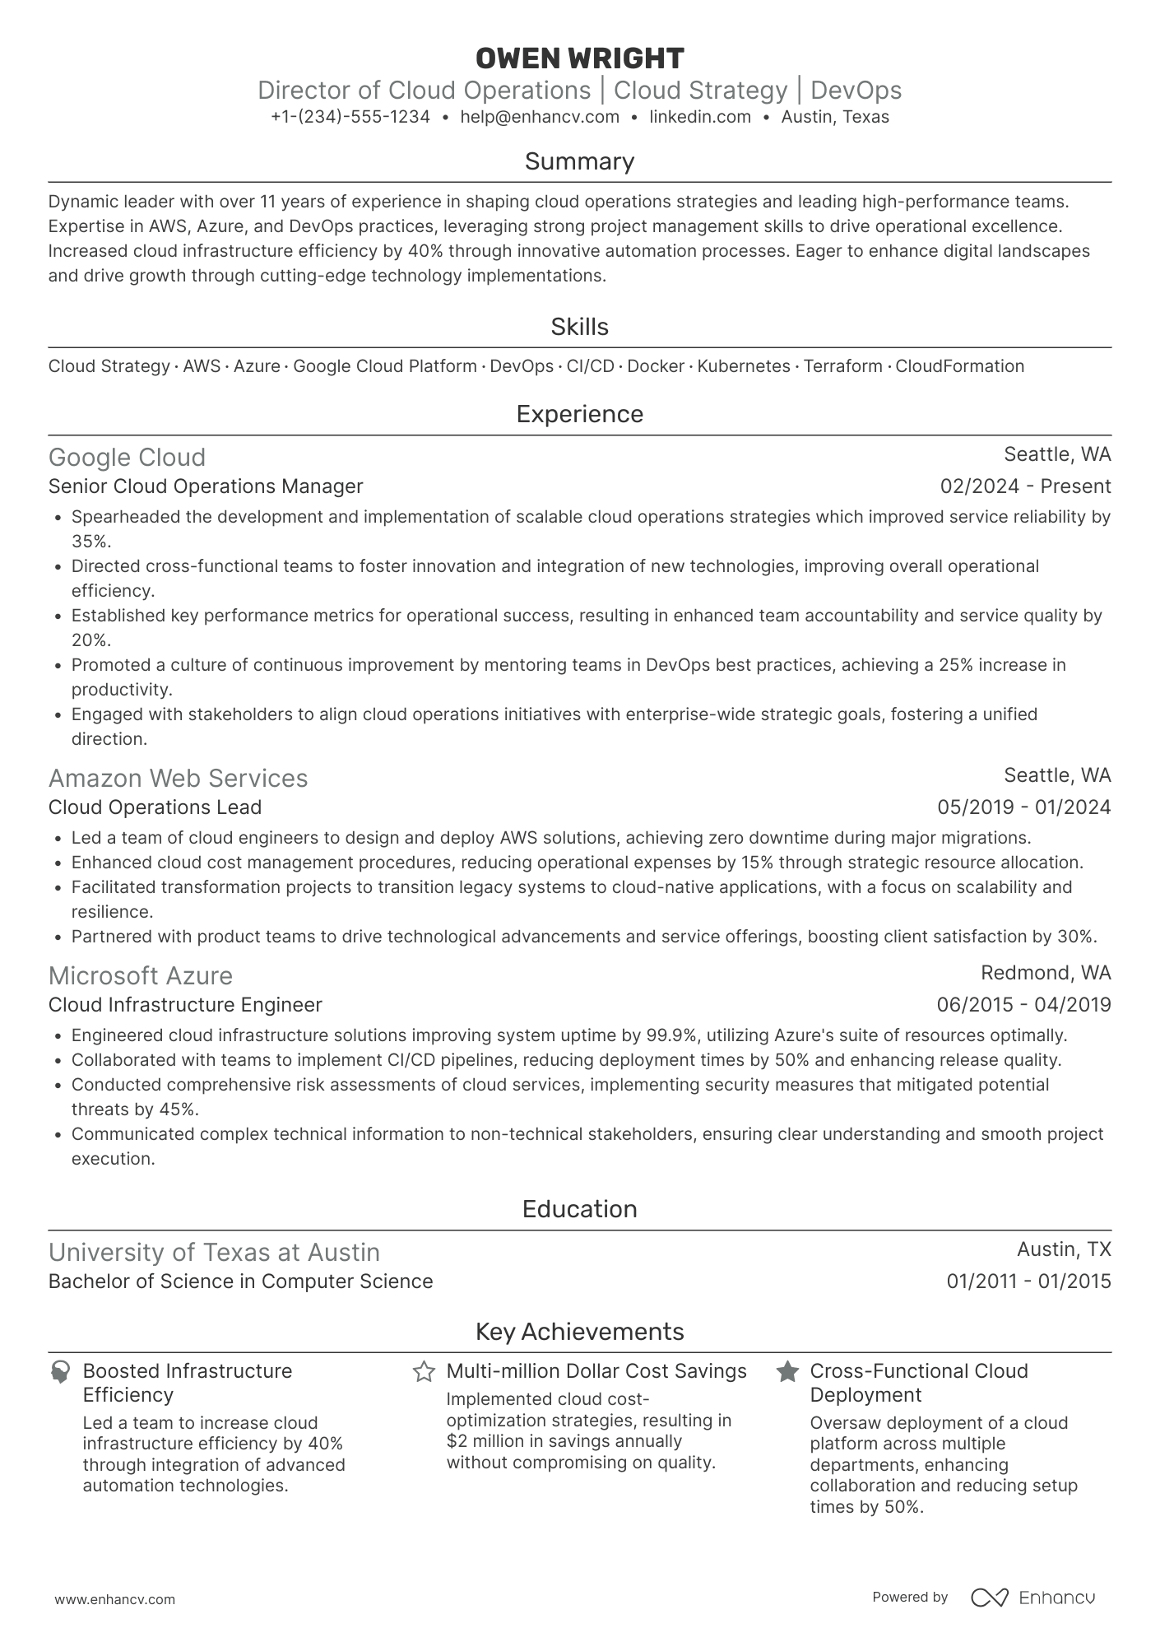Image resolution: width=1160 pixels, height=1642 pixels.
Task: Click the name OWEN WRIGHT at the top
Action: click(x=579, y=58)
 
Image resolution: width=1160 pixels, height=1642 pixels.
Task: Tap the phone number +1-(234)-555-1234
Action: click(x=350, y=117)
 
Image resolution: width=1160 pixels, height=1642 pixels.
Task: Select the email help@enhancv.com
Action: click(x=540, y=117)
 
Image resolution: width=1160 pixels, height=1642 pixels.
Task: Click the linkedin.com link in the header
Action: click(x=700, y=117)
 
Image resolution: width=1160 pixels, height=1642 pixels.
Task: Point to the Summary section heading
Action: click(x=579, y=161)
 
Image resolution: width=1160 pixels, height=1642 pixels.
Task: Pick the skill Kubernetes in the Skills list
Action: click(x=744, y=366)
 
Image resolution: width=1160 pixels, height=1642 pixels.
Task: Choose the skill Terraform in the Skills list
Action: click(x=842, y=366)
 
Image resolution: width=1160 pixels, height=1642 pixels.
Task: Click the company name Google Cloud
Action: click(x=127, y=458)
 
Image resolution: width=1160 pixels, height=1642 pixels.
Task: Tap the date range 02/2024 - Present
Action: click(x=1025, y=486)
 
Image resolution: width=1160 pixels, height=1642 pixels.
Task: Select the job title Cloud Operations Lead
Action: click(x=155, y=807)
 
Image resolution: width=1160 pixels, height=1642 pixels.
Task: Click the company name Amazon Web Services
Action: click(x=178, y=779)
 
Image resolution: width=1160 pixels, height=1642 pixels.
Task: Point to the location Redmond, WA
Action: click(x=1046, y=973)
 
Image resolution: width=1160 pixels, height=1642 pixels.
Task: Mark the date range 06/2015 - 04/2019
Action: click(x=1023, y=1005)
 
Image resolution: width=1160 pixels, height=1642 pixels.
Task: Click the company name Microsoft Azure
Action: click(x=141, y=976)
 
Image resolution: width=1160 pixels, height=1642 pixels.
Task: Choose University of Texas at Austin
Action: click(x=214, y=1253)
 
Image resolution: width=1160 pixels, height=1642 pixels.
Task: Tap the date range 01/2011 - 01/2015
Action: click(x=1028, y=1282)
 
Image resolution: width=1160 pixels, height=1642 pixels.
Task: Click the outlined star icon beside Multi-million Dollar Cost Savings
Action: click(x=424, y=1372)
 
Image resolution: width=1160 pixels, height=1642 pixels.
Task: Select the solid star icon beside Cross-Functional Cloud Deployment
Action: click(x=787, y=1372)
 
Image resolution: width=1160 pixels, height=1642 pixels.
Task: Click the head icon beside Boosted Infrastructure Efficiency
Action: click(x=60, y=1372)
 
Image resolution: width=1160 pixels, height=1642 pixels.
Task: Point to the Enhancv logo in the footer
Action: click(x=1033, y=1598)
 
